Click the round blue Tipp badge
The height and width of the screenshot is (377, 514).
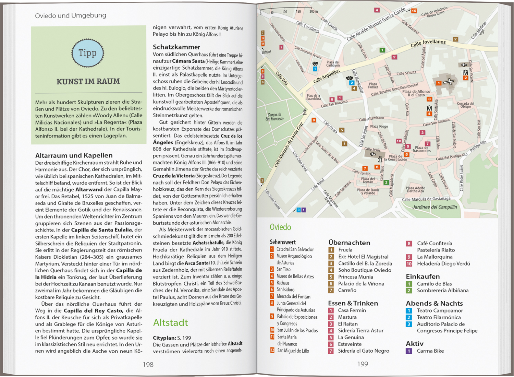coord(87,53)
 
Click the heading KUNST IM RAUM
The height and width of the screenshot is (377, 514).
coord(88,82)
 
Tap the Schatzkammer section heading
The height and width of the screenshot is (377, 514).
coord(176,47)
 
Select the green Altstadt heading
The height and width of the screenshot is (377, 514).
coord(170,322)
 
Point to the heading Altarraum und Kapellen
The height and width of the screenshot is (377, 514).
coord(74,155)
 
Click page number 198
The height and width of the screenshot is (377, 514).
coord(148,365)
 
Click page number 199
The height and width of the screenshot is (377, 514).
coord(363,364)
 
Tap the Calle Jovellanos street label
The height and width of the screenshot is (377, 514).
coord(428,43)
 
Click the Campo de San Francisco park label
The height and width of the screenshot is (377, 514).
coord(274,117)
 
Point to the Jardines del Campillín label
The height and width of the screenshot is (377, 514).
coord(435,207)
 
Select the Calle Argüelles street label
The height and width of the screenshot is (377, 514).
coord(326,76)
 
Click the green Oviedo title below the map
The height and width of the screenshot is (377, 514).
coord(280,227)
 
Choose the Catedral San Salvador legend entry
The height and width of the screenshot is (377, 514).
coord(295,249)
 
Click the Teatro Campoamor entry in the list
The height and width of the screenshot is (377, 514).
coord(440,310)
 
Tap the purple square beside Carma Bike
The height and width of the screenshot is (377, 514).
coord(409,351)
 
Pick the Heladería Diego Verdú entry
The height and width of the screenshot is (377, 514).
coord(443,263)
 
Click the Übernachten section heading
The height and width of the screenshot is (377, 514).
coord(349,243)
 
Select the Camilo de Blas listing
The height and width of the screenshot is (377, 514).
coord(434,284)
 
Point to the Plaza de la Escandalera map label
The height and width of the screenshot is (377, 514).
coord(313,97)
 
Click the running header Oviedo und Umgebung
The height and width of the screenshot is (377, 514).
coord(71,15)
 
